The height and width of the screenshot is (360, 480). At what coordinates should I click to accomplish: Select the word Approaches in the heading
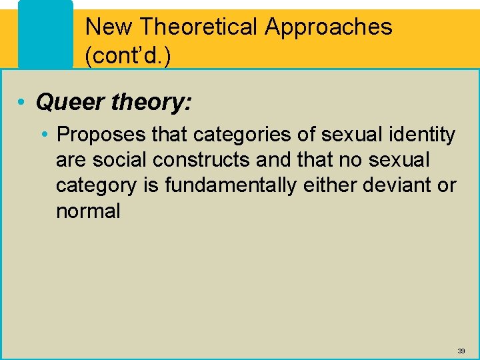click(x=329, y=27)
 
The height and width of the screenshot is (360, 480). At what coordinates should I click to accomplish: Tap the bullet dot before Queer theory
click(x=22, y=103)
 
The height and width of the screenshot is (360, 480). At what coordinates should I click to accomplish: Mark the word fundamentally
click(x=230, y=185)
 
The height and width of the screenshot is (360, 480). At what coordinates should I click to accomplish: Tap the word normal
click(x=88, y=211)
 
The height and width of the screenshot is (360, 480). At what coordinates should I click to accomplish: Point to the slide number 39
click(x=461, y=351)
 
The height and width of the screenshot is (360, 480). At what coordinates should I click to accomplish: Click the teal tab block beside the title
click(x=45, y=33)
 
